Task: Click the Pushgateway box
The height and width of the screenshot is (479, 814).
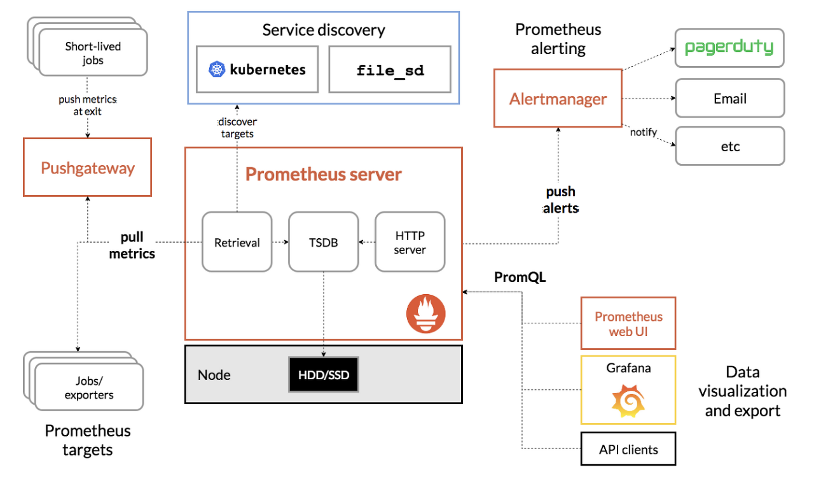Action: click(x=88, y=167)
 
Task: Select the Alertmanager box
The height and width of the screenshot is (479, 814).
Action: click(x=558, y=98)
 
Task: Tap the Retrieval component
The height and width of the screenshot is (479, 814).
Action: click(x=237, y=241)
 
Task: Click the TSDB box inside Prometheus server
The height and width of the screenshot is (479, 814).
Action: click(x=324, y=241)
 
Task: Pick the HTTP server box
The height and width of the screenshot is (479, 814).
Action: click(x=410, y=241)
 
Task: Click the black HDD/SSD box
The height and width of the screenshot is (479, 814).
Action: click(x=324, y=374)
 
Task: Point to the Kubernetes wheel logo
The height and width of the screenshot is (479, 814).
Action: click(x=217, y=69)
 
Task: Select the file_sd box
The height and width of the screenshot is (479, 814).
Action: click(x=390, y=69)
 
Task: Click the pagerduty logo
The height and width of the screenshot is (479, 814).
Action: click(x=729, y=47)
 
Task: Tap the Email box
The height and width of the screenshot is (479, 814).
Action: click(x=730, y=98)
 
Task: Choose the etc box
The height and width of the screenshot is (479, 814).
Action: click(x=730, y=146)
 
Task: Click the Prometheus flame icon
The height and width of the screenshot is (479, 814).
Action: click(x=426, y=314)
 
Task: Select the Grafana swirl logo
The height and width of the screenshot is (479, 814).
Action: click(x=628, y=401)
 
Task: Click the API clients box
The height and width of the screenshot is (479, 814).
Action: click(x=628, y=449)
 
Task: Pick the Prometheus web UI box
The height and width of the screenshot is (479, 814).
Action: click(x=628, y=323)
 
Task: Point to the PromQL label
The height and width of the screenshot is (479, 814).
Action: click(x=520, y=277)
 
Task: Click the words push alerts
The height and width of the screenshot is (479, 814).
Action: click(x=561, y=200)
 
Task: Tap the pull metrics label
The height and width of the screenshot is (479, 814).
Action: click(x=132, y=245)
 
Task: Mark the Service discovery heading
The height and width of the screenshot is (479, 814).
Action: click(x=324, y=30)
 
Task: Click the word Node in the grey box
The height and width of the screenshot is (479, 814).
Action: click(x=214, y=375)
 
